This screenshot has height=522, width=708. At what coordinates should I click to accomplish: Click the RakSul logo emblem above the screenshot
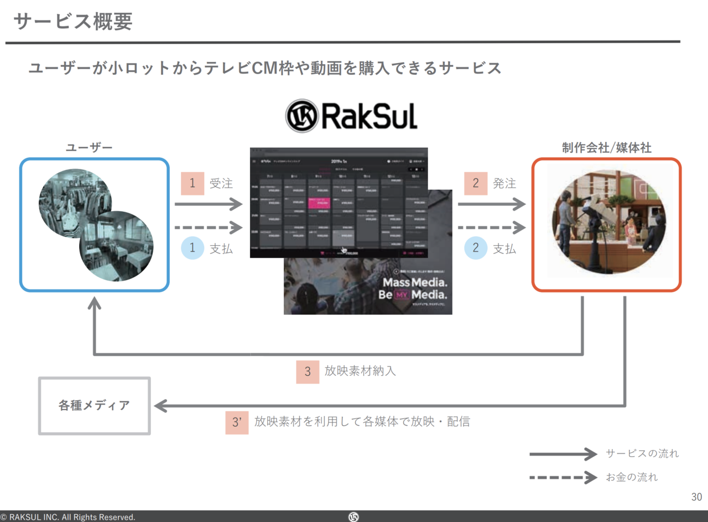(301, 116)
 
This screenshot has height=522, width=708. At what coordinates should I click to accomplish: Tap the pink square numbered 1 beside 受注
(192, 183)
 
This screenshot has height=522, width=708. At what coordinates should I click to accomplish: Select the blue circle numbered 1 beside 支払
(192, 248)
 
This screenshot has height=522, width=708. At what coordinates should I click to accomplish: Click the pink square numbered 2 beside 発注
(476, 183)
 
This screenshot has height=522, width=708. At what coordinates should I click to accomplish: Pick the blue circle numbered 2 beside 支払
(476, 248)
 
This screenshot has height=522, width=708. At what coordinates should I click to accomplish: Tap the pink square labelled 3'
(237, 422)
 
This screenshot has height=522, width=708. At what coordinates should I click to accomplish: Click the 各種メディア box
(95, 406)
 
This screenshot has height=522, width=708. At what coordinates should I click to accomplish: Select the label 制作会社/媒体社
(606, 148)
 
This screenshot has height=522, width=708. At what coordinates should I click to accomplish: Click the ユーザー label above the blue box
(89, 148)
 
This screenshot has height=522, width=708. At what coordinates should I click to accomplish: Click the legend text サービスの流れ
(642, 454)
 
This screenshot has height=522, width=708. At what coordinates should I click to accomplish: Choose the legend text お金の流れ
(632, 477)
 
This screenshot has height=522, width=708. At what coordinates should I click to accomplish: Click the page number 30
(696, 497)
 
